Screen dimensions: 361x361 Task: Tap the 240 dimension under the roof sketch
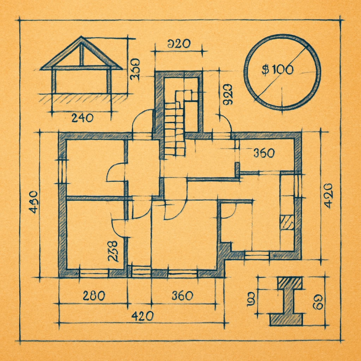pos(82,118)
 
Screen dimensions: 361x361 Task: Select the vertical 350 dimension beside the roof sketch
pos(135,69)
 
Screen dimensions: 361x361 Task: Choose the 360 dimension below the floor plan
pos(182,295)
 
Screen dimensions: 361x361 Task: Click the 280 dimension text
pos(94,295)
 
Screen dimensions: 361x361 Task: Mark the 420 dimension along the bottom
pos(142,316)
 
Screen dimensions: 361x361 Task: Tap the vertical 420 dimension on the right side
pos(328,196)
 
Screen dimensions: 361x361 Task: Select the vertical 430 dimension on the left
pos(34,202)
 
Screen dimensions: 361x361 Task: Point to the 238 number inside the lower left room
pos(112,251)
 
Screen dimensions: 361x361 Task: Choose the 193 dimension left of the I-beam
pos(251,299)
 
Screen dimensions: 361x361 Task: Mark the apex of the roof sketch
pos(81,38)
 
